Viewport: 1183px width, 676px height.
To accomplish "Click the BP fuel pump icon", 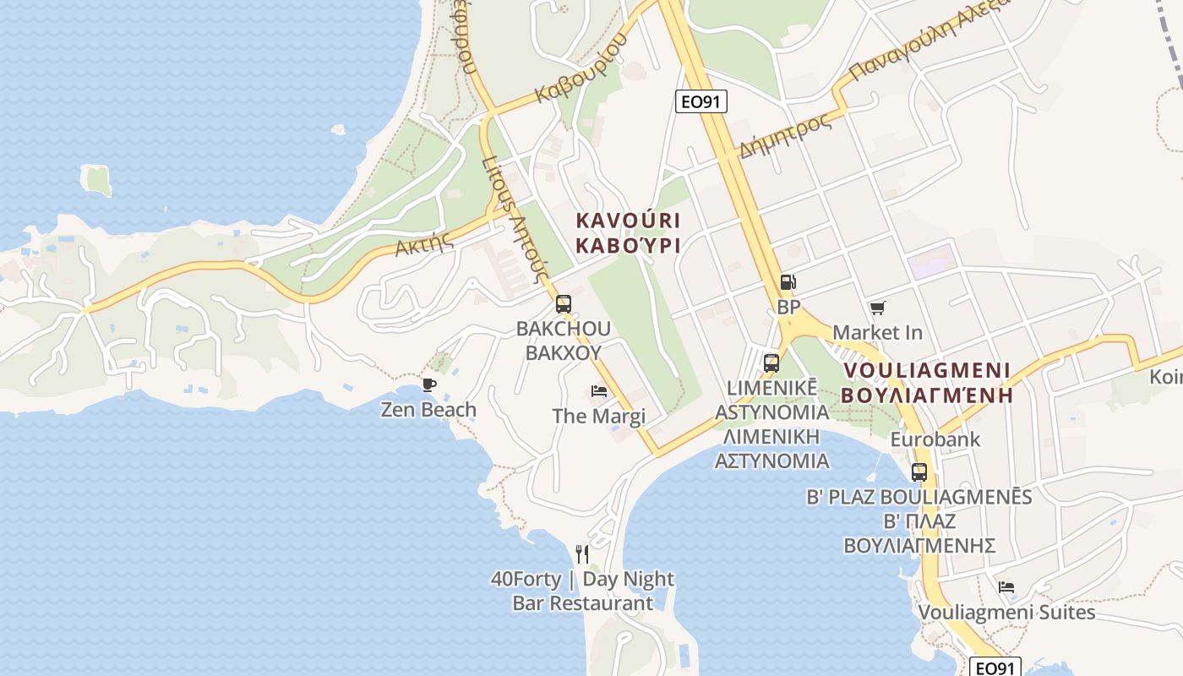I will (788, 282).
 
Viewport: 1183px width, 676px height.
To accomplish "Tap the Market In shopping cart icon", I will (877, 308).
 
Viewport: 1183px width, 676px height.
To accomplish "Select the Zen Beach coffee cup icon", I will (429, 385).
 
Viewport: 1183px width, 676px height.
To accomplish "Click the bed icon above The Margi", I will (598, 391).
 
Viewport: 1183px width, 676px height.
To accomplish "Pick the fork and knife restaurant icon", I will (581, 553).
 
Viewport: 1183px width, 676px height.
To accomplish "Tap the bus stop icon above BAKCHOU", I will (564, 304).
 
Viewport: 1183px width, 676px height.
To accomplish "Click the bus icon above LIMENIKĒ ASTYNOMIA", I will (771, 363).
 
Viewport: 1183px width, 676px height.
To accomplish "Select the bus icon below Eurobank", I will (919, 472).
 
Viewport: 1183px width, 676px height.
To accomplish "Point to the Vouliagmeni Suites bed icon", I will (1006, 586).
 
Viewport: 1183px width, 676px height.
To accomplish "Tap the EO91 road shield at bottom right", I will (995, 668).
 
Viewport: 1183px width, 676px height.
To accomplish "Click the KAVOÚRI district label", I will (628, 221).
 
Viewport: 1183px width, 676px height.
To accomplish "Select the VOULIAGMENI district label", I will (926, 370).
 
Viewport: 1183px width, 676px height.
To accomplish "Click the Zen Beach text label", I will (428, 410).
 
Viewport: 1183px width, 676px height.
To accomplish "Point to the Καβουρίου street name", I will (582, 68).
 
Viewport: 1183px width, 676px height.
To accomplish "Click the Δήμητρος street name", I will (785, 135).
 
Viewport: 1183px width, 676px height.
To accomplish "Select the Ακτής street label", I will (424, 244).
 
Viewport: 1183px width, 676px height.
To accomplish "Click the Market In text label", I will (877, 332).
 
